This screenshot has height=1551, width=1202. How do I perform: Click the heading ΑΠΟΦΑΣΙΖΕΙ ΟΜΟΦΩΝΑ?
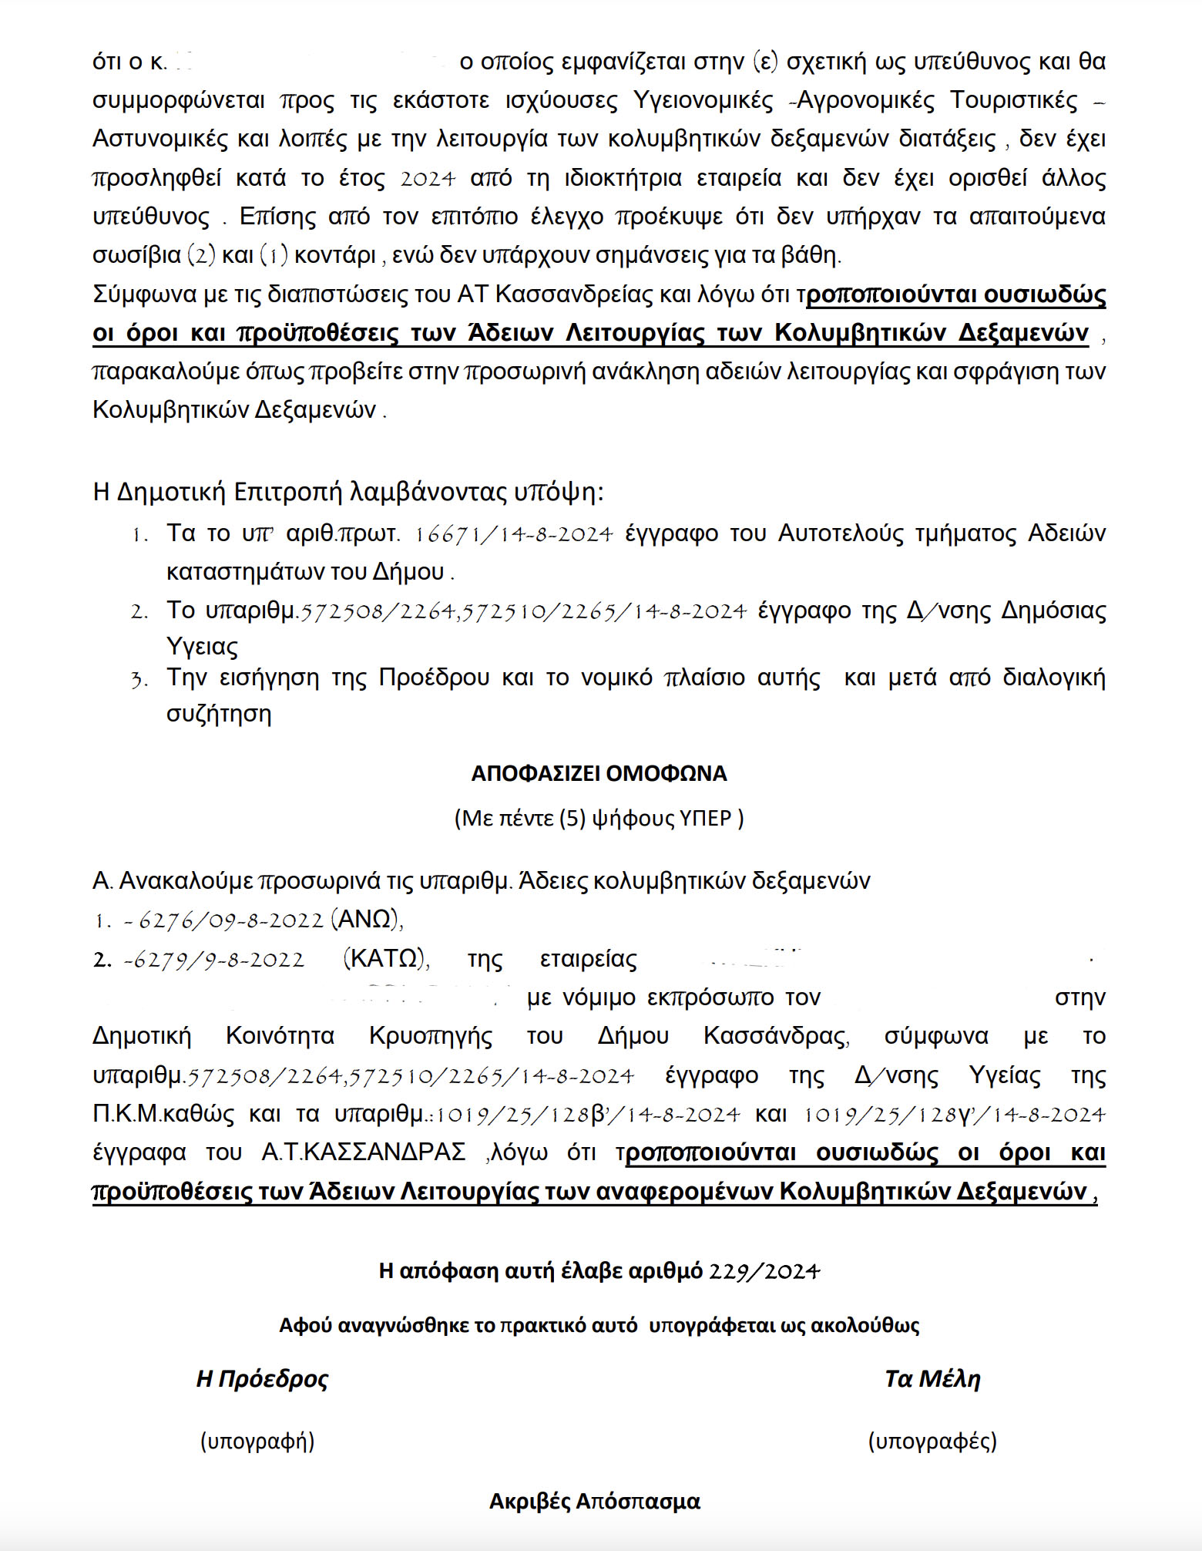click(x=599, y=773)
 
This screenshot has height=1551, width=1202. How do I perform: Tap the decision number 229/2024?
click(x=764, y=1271)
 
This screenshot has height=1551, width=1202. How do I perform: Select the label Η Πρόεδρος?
click(x=262, y=1379)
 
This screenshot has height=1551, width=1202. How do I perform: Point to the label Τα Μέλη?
click(x=932, y=1379)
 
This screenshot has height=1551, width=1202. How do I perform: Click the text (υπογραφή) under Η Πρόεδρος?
click(x=257, y=1441)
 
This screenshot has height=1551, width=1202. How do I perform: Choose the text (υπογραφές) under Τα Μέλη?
click(x=932, y=1441)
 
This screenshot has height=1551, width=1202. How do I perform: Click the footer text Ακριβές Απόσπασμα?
click(x=595, y=1502)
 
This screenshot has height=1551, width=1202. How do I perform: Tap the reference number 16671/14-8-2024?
click(x=514, y=533)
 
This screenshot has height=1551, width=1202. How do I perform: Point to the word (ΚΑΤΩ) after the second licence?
click(x=384, y=958)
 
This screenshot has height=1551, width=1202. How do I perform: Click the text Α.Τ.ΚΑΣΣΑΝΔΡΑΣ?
click(x=364, y=1152)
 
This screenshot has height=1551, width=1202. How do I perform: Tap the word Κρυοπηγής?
click(x=431, y=1036)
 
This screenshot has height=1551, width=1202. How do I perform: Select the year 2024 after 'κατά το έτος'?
click(x=428, y=179)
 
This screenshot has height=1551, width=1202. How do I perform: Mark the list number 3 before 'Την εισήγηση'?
click(x=139, y=680)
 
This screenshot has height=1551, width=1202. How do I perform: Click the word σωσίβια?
click(x=136, y=255)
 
